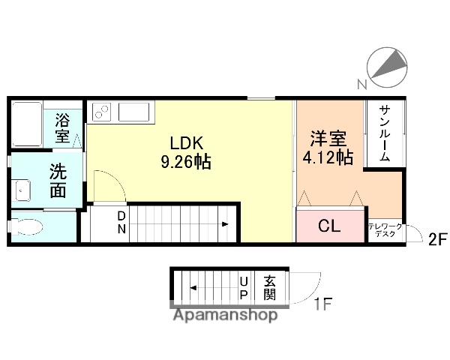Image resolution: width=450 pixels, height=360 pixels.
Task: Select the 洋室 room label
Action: coord(328,139)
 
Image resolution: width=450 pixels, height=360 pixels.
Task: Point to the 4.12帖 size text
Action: coord(328,157)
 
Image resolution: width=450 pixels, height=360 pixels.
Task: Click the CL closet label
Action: coord(330,225)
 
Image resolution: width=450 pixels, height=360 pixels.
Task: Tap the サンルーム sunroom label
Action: coord(383,133)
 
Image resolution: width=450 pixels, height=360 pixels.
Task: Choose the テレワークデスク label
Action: coord(384,230)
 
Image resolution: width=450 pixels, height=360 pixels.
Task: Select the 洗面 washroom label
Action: coord(58,180)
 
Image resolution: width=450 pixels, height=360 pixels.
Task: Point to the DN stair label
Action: coord(120,223)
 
